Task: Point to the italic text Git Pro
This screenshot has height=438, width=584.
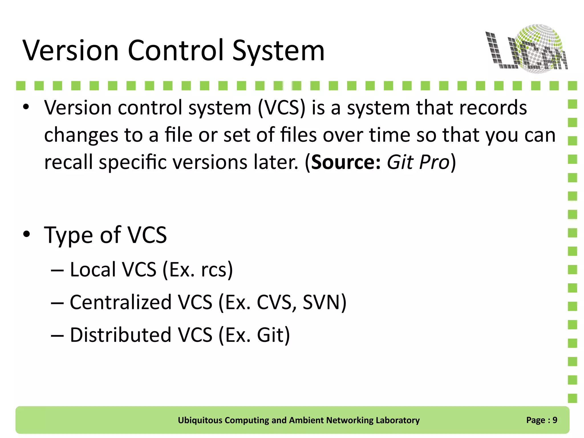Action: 418,162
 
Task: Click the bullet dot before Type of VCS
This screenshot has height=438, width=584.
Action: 27,234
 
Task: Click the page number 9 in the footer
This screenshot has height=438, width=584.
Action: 555,420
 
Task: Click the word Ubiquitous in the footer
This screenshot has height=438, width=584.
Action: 200,420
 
